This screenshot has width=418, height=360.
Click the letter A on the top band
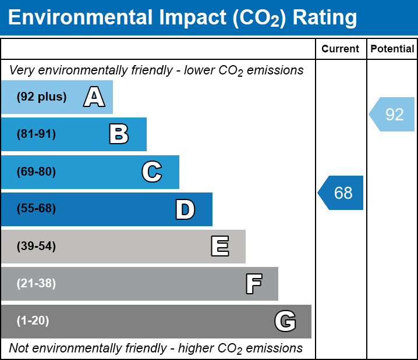[x=94, y=97]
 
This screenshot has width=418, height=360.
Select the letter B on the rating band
[x=119, y=134]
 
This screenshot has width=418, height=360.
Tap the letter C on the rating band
[x=151, y=172]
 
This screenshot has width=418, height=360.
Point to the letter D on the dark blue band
[x=185, y=209]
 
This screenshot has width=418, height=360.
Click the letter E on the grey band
[x=219, y=247]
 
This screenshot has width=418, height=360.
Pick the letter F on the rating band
[x=253, y=284]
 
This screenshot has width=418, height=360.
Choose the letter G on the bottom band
[x=285, y=321]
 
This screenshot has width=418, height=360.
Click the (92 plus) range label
[x=41, y=97]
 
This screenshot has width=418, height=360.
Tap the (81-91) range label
[x=36, y=134]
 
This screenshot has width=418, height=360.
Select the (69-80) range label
[x=36, y=172]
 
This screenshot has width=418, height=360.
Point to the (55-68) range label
[x=36, y=209]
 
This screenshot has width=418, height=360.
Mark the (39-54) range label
[x=36, y=247]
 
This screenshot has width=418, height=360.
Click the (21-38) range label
[x=36, y=284]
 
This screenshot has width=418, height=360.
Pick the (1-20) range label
[x=33, y=321]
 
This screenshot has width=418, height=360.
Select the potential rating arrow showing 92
[x=392, y=114]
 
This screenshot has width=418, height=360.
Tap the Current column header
[x=341, y=49]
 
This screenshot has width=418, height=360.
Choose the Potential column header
[x=392, y=49]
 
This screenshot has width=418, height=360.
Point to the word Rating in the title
[x=324, y=18]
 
